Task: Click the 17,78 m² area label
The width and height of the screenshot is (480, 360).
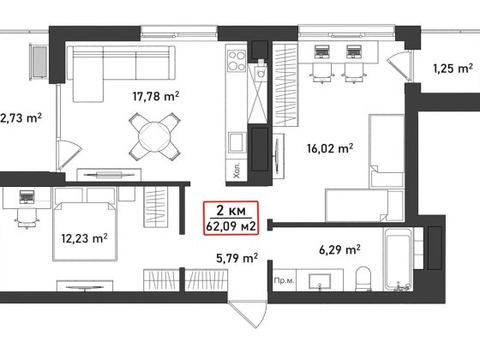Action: point(156,96)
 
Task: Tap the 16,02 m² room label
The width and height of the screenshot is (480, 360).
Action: point(330,148)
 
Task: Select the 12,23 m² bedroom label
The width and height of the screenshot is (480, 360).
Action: point(84,238)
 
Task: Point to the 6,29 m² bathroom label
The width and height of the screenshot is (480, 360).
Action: point(339,250)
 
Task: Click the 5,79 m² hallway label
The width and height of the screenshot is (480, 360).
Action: point(237,258)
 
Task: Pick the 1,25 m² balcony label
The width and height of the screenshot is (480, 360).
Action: point(453,69)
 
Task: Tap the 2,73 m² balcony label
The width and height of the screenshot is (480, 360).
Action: point(21,118)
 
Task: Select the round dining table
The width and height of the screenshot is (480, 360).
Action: point(154,136)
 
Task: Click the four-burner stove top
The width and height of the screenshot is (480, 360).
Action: point(237,61)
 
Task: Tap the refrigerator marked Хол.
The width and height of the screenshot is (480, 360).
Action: point(236,171)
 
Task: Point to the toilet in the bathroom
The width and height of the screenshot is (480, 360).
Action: point(363,279)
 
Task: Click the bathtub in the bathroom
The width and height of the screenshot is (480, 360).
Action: point(398,259)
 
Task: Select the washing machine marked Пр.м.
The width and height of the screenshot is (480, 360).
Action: point(285,280)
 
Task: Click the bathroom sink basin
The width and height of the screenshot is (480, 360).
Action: point(320,281)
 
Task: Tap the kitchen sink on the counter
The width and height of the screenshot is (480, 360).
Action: point(237,142)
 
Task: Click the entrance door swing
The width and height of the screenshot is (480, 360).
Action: point(249,315)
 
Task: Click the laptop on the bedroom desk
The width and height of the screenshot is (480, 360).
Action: point(27,197)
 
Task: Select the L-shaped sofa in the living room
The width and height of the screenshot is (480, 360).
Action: point(121,74)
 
